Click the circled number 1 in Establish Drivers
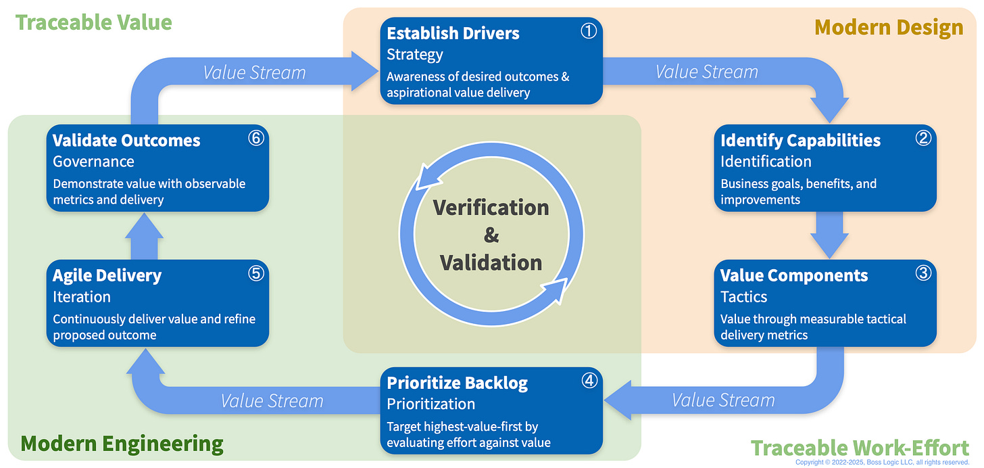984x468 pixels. tap(590, 31)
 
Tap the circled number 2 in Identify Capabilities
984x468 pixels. tap(923, 138)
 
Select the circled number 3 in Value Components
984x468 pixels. tap(923, 273)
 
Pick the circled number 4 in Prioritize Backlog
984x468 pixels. tap(589, 381)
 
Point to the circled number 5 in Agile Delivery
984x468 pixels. tap(256, 273)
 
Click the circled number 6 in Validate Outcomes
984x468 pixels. tap(256, 138)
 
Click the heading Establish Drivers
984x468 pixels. tap(453, 33)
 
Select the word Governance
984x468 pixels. tap(93, 162)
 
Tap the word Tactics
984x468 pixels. tap(743, 297)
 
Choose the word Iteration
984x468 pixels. tap(82, 297)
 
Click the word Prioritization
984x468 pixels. tap(430, 404)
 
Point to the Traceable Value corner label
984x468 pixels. tap(93, 22)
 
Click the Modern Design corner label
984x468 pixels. tap(889, 27)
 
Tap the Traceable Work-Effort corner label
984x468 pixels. tap(860, 448)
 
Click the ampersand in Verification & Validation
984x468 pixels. tap(491, 235)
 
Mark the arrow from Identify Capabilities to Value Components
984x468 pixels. tap(829, 233)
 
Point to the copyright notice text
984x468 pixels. tap(882, 463)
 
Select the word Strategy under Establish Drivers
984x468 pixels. tap(414, 54)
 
